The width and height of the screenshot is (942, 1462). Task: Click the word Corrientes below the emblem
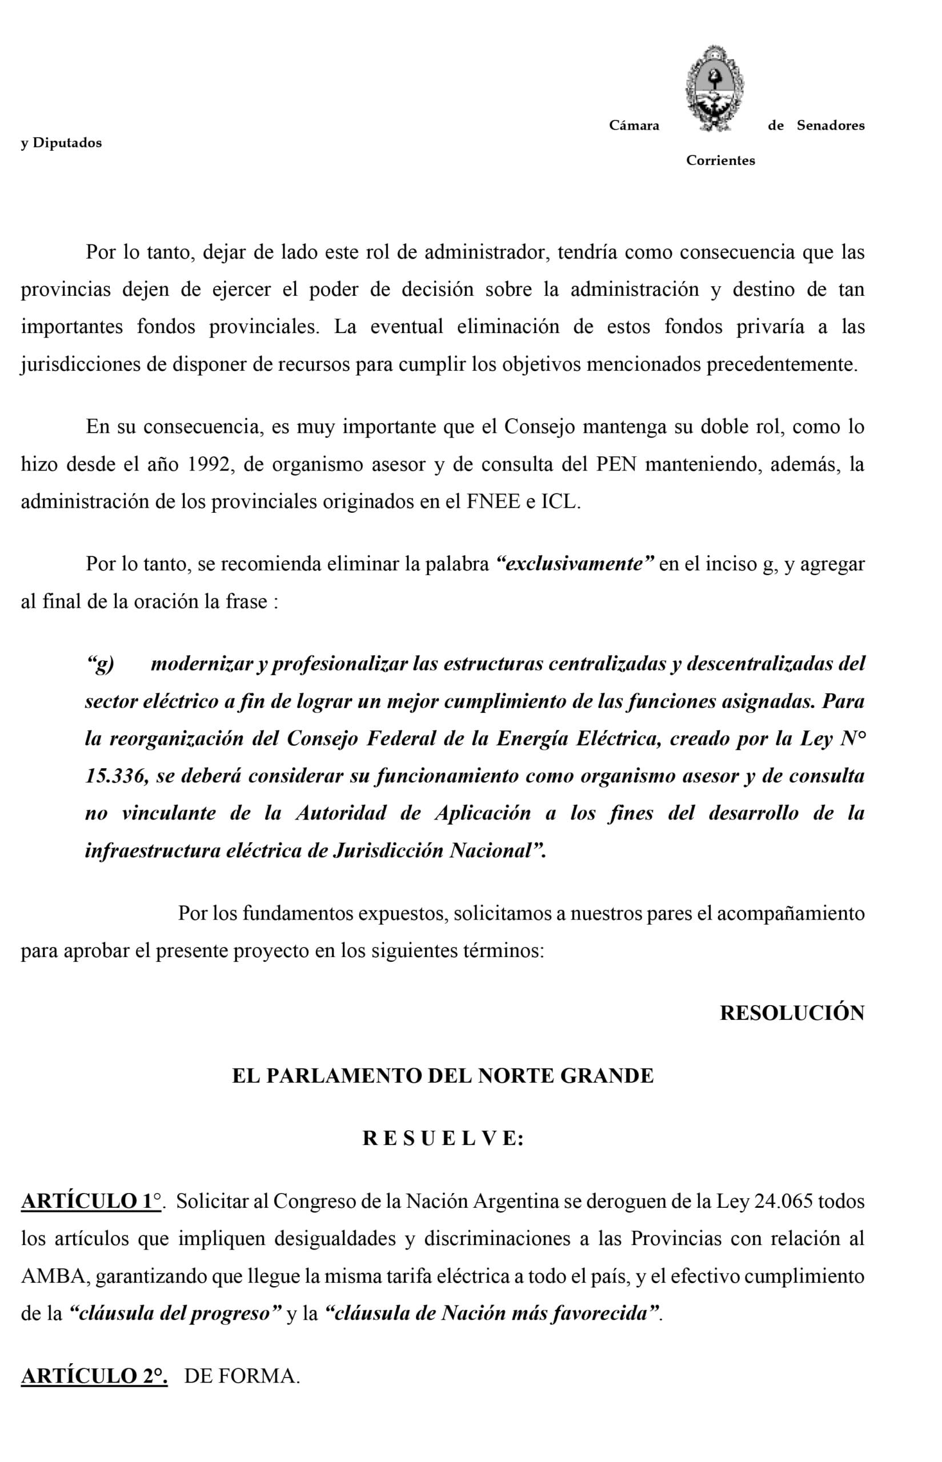point(720,161)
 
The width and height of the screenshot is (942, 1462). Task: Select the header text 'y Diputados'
point(61,143)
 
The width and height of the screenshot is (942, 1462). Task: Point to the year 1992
point(210,465)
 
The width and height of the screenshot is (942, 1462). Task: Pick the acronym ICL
point(559,502)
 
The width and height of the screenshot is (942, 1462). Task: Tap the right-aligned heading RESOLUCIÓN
point(792,1013)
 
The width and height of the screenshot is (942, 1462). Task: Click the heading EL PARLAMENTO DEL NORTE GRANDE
point(443,1075)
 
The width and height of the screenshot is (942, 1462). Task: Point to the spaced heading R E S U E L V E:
point(443,1138)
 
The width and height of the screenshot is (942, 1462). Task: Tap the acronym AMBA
point(54,1276)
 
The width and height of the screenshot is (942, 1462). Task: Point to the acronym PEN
point(616,465)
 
